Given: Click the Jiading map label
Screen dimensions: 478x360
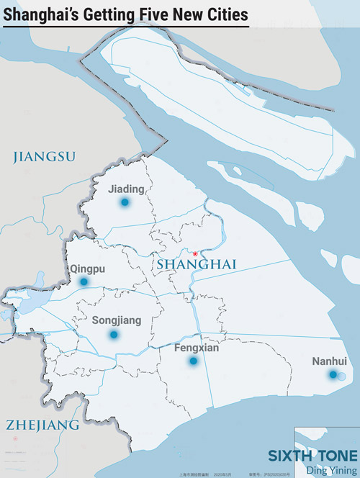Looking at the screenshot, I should [126, 189].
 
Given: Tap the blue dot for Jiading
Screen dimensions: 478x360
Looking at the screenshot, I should [125, 203].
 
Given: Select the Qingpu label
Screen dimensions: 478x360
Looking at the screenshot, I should [87, 269].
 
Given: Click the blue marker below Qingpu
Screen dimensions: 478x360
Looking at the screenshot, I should [84, 282].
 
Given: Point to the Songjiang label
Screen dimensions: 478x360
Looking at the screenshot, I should [117, 320].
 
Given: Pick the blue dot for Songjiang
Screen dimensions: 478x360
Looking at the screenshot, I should [114, 335].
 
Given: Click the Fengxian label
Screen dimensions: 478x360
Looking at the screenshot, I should [197, 348].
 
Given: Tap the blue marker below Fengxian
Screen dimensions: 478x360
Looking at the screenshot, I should [193, 361].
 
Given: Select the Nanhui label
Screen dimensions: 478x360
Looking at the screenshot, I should [329, 361].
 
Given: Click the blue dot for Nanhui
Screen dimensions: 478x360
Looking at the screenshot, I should [333, 374].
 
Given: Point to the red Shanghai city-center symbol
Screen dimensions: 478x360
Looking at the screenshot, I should [194, 253].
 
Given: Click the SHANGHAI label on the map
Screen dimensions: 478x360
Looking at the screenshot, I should [197, 266].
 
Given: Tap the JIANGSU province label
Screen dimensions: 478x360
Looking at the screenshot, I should [45, 156].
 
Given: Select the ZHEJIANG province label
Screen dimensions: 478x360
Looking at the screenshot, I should [42, 425].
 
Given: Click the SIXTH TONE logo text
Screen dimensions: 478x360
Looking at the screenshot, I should [312, 456].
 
